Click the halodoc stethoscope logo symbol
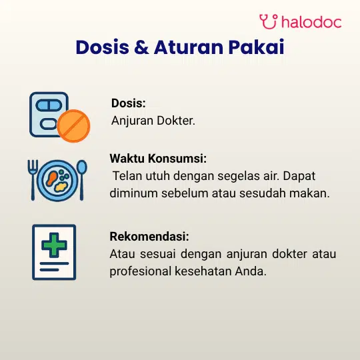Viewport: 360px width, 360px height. [x=269, y=21]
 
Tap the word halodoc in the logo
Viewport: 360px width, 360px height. [x=311, y=22]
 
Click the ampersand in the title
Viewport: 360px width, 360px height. [x=141, y=47]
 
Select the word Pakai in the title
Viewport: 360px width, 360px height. [x=256, y=47]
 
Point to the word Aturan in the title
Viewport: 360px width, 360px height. [x=189, y=47]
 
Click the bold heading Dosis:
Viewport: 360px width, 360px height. [x=129, y=103]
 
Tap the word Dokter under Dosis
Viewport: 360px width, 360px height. [x=176, y=121]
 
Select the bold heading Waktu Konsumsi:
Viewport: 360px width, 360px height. [x=158, y=159]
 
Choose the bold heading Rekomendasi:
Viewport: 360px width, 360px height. [x=149, y=237]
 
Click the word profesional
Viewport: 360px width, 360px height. [x=141, y=271]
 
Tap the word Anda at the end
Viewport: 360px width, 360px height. [x=251, y=271]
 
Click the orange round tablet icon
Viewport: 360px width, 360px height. [x=73, y=126]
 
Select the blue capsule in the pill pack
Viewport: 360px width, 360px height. [x=49, y=105]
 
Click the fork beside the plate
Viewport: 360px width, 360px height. [x=33, y=180]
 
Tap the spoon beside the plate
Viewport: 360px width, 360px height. [x=82, y=180]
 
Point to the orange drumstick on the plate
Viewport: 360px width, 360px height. [x=51, y=179]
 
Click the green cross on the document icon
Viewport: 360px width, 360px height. [x=54, y=245]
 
